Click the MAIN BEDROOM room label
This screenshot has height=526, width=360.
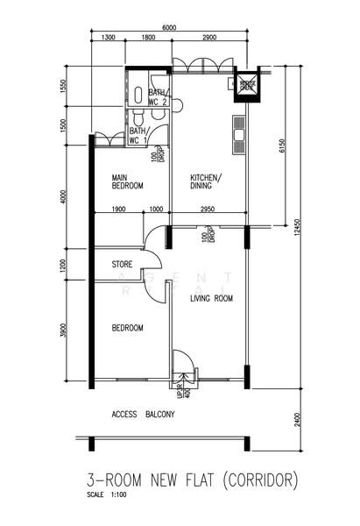(127, 181)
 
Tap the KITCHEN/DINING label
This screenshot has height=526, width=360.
(207, 181)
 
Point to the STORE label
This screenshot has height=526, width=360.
(122, 264)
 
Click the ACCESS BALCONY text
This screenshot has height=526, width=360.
(145, 415)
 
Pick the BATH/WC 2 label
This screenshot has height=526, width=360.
(158, 97)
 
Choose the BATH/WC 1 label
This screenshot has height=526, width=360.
(138, 136)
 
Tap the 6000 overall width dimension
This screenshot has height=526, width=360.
(168, 28)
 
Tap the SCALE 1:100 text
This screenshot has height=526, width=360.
(107, 495)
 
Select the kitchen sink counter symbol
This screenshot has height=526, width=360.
(238, 132)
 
